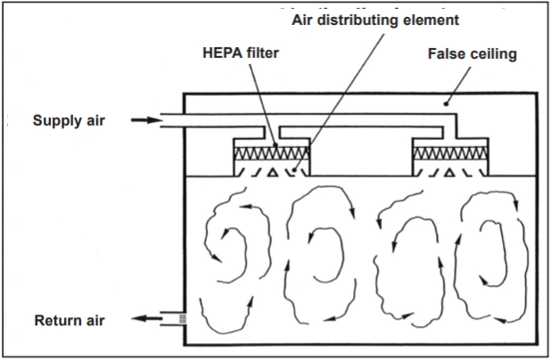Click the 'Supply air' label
[70, 120]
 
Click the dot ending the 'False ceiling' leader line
[448, 104]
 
